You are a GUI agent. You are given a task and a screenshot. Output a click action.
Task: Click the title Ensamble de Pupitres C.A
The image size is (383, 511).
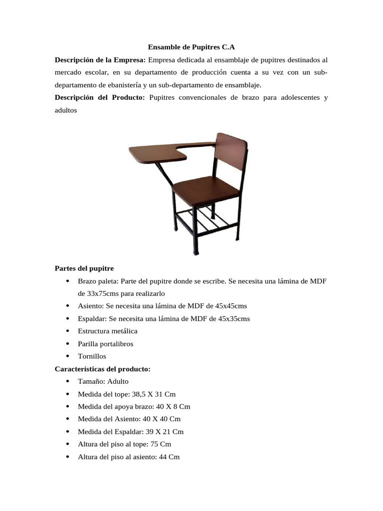coord(191,47)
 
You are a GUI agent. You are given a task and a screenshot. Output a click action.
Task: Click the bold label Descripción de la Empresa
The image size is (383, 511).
coord(100,60)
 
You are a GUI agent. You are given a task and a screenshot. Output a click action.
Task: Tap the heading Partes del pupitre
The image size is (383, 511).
coord(84,268)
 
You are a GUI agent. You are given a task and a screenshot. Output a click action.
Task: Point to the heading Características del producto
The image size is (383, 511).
coord(102,369)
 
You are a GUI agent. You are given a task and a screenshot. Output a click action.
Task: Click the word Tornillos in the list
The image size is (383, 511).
coord(92,356)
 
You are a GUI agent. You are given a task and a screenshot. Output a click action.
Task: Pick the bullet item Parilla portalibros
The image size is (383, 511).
coord(106,344)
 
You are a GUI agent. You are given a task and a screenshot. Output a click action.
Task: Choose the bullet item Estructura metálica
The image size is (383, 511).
coord(108,331)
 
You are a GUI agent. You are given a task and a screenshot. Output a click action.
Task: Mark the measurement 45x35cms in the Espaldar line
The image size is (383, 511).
coord(232,318)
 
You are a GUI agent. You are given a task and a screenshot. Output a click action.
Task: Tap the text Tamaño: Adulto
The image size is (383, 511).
coord(103,381)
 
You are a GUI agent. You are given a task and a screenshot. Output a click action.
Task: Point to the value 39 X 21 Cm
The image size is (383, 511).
coord(163,432)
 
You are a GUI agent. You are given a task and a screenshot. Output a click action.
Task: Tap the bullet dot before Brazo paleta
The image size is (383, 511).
coord(67,281)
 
